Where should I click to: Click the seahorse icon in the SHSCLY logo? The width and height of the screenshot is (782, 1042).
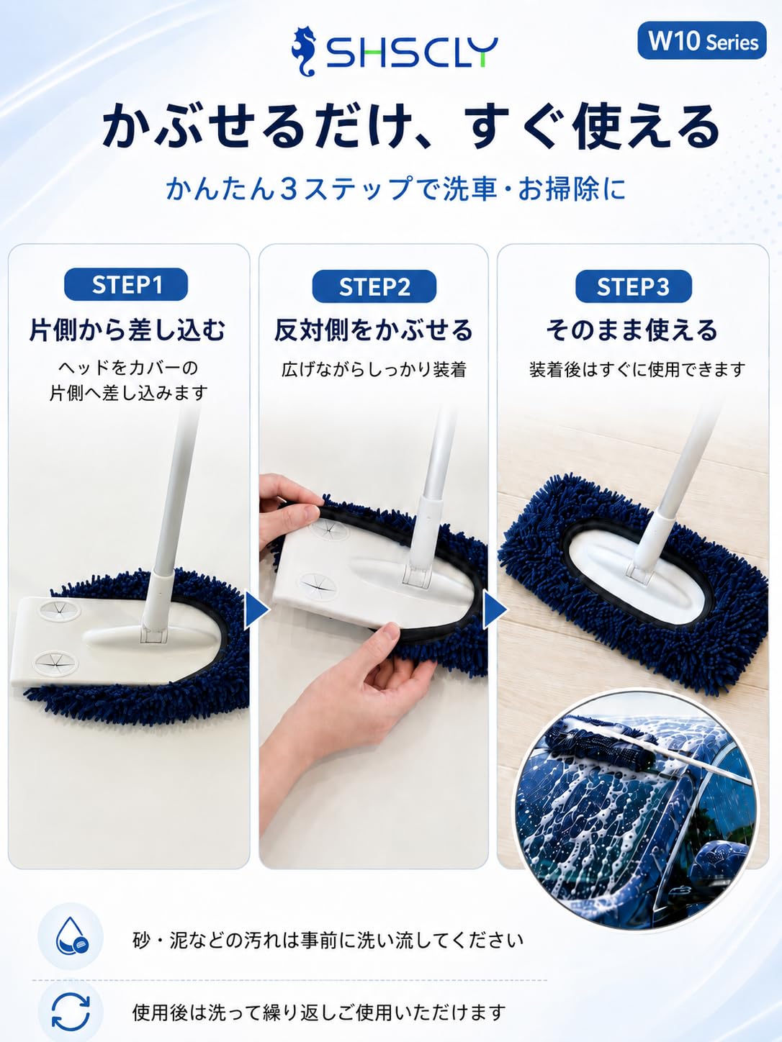305,51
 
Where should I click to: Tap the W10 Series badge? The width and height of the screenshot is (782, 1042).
702,41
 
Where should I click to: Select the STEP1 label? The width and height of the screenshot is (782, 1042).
126,284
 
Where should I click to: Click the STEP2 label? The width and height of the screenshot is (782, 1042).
374,286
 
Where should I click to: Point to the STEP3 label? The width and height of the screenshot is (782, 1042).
634,286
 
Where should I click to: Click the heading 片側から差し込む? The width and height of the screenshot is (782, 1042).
127,330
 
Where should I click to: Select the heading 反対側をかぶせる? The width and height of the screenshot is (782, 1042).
374,330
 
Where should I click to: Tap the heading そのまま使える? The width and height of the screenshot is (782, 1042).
632,330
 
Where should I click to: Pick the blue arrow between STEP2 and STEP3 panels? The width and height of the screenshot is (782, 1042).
494,610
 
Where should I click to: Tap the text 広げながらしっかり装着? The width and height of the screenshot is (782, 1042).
374,369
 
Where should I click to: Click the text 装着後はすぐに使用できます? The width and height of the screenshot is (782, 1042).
637,369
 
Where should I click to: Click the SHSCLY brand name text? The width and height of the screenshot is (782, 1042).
411,53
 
